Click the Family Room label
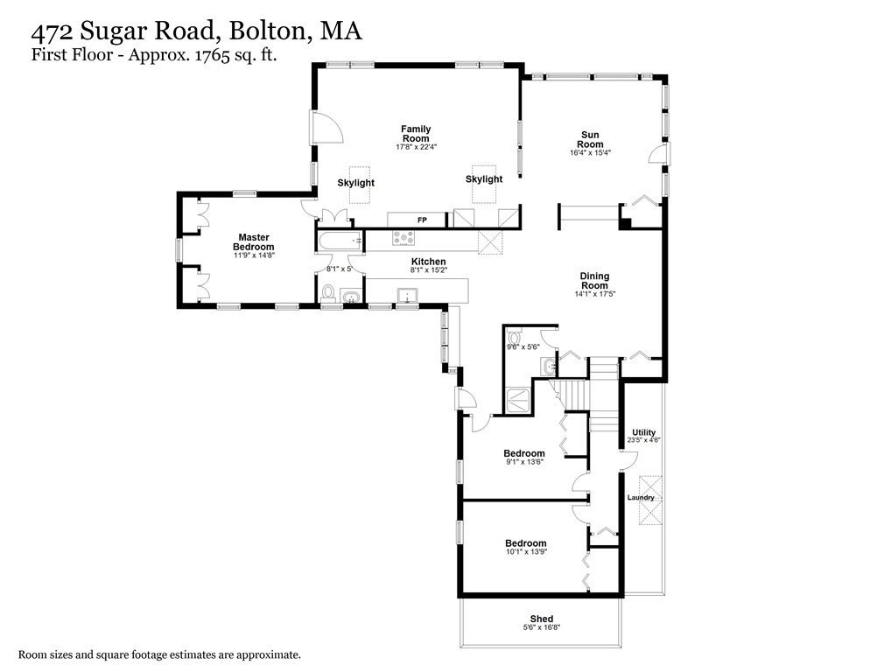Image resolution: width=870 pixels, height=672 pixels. click(416, 134)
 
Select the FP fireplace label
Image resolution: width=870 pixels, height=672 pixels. click(422, 220)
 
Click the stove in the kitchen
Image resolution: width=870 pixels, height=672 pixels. click(403, 238)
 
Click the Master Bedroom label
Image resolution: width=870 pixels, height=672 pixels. click(254, 241)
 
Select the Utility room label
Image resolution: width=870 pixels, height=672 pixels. click(643, 432)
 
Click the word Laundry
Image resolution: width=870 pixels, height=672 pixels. click(641, 498)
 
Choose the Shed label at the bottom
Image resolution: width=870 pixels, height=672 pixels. click(541, 619)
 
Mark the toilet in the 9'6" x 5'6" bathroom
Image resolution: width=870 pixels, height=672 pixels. click(516, 336)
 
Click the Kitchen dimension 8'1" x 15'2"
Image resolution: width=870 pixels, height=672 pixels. click(429, 271)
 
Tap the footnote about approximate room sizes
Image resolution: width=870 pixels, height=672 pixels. click(160, 654)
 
